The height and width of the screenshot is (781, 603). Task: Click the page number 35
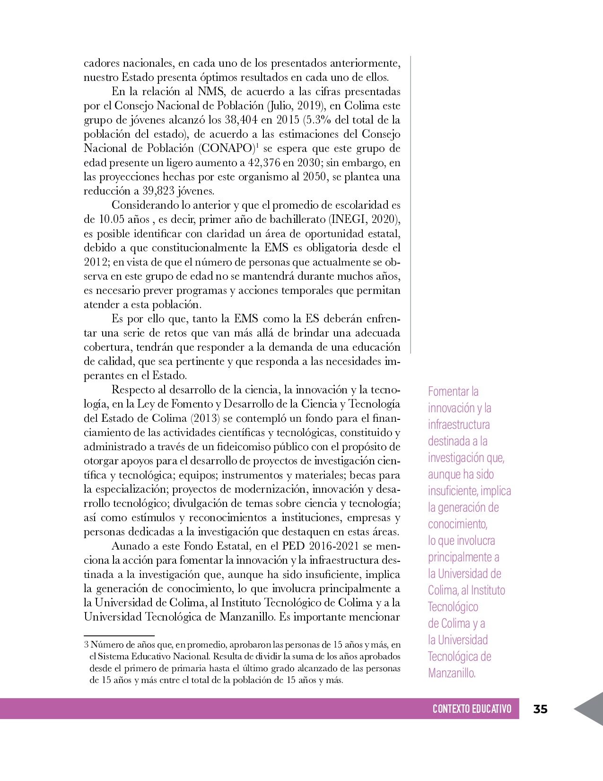(x=540, y=709)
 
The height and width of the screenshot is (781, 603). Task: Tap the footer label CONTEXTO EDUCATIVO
(x=472, y=709)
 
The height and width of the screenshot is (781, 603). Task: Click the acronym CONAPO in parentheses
(x=227, y=148)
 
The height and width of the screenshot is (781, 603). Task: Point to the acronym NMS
(x=211, y=91)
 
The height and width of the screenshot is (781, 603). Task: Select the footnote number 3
(x=86, y=645)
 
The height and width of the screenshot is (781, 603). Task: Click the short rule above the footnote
(x=119, y=635)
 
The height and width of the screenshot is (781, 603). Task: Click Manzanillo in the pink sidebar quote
(x=451, y=673)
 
